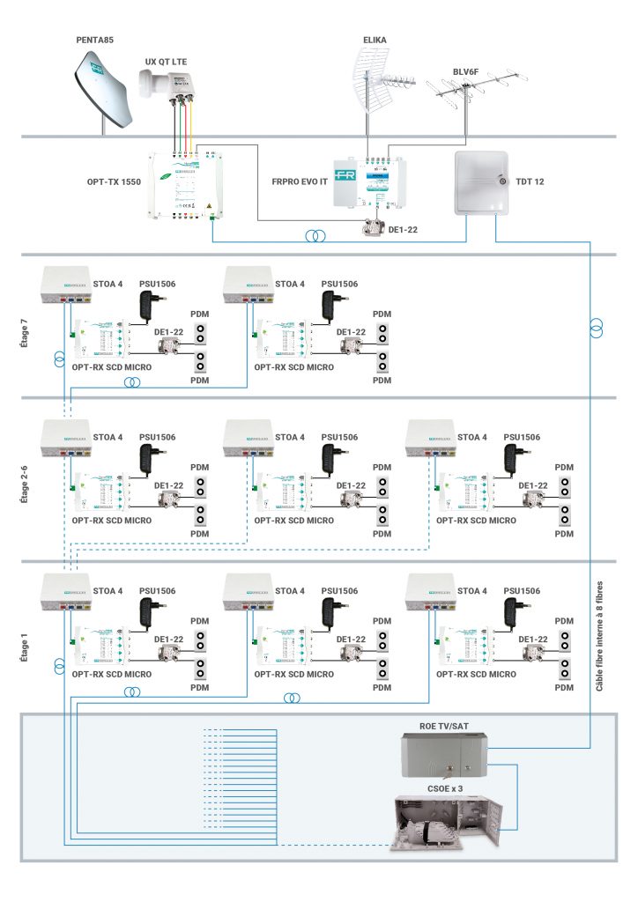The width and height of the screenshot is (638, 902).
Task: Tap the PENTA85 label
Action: [95, 40]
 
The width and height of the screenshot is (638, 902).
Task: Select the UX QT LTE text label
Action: [166, 61]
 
